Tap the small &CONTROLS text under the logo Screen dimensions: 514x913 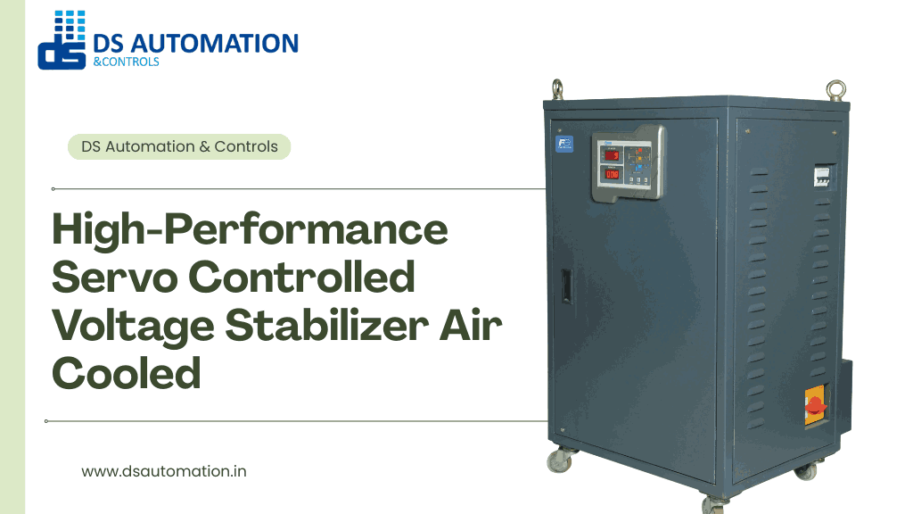click(x=126, y=62)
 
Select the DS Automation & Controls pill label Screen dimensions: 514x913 click(x=179, y=146)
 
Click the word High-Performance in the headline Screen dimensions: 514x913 click(x=251, y=230)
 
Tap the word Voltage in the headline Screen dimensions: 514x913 click(x=133, y=326)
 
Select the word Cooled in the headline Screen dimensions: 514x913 click(x=126, y=372)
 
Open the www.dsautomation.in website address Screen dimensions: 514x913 click(x=164, y=471)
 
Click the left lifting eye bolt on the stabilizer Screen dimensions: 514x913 click(x=557, y=88)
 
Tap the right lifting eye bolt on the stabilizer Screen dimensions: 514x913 click(x=835, y=89)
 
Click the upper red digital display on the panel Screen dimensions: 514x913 click(x=613, y=156)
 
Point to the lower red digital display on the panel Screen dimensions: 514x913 click(x=613, y=174)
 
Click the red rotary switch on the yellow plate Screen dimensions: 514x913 click(x=815, y=407)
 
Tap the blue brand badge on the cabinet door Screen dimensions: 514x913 click(x=564, y=145)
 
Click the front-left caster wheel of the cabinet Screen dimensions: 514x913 click(x=558, y=460)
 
